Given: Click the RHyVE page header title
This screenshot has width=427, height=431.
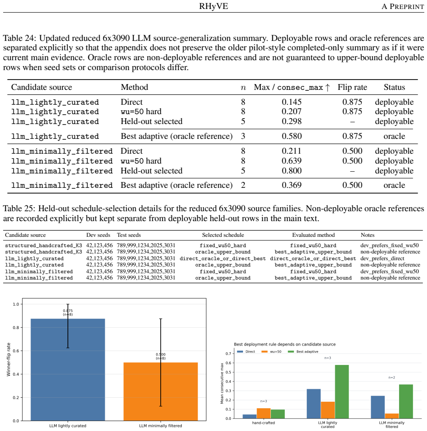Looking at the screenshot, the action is coord(213,6).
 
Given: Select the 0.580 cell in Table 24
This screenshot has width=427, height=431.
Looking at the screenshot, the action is coord(292,136).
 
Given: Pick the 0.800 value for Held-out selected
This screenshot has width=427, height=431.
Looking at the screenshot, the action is coord(292,171).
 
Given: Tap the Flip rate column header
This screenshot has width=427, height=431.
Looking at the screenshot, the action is coord(352,87).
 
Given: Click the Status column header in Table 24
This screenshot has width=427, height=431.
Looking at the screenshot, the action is coord(394,87).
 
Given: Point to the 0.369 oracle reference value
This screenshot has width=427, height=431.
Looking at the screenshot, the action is coord(292,185).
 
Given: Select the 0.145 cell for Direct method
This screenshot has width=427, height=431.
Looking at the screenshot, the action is coord(292,102).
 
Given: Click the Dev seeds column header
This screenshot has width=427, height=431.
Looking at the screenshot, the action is coord(98,235).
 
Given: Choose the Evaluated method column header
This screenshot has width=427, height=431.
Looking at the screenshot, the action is coord(313,235).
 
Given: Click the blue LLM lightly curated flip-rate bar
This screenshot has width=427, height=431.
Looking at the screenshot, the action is coord(67,370).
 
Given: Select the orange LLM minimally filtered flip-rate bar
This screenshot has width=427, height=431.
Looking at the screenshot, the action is coord(161,392).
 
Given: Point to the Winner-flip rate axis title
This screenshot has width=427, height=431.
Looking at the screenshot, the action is coord(9,360).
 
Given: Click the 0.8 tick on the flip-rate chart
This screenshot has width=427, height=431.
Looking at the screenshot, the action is coord(16,327).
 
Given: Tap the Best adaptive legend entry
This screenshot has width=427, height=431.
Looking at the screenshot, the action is coord(303,351).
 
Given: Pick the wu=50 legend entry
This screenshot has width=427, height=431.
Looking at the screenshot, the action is coord(272,351).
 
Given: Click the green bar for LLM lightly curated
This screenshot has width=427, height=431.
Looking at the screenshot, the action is coord(342,392).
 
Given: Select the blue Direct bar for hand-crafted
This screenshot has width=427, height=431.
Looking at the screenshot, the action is coord(250,417).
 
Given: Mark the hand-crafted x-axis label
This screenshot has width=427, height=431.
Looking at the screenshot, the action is coord(263,423).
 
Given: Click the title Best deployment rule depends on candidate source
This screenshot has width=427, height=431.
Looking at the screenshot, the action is coord(285,344).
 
